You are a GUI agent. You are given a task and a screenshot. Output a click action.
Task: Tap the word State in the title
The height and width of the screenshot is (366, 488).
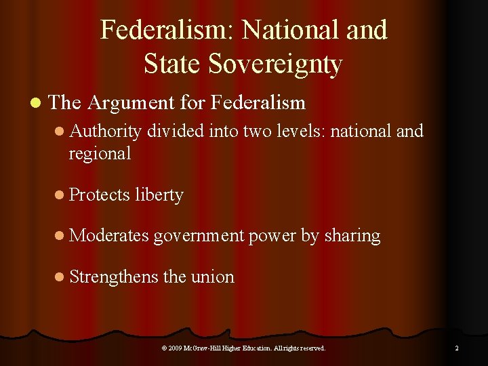172,64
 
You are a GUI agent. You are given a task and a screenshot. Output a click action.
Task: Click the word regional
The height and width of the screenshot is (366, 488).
100,153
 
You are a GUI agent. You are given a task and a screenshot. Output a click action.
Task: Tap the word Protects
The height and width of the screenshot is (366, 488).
99,195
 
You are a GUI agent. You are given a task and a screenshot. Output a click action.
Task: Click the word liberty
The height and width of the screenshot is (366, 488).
159,195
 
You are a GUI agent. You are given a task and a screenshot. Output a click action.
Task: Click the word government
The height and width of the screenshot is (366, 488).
199,236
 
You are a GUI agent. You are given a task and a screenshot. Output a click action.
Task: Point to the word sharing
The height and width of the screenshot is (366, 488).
352,236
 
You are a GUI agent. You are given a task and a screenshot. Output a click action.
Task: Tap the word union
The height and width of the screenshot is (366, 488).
212,277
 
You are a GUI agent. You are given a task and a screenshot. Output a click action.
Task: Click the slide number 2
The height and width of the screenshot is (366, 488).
456,348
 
